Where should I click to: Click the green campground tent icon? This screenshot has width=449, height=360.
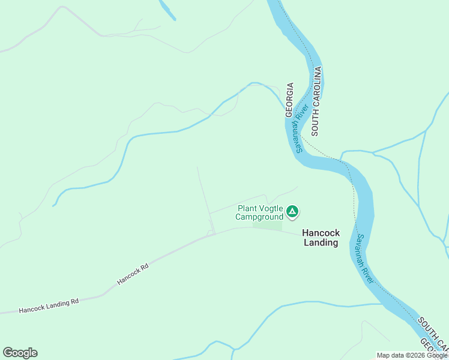pyautogui.click(x=292, y=211)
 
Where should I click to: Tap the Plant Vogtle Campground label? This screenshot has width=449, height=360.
pyautogui.click(x=259, y=212)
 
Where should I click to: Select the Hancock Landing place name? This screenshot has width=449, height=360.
pyautogui.click(x=321, y=238)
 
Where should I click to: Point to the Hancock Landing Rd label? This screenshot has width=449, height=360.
pyautogui.click(x=49, y=306)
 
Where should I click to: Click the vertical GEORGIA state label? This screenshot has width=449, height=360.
pyautogui.click(x=289, y=100)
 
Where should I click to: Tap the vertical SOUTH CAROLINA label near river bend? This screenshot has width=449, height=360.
pyautogui.click(x=316, y=101)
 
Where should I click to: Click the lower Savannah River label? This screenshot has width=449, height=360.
pyautogui.click(x=364, y=259)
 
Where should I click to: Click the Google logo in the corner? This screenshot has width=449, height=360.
pyautogui.click(x=20, y=353)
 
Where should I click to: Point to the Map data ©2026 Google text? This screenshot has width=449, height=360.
pyautogui.click(x=412, y=355)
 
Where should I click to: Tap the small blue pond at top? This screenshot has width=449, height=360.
pyautogui.click(x=167, y=10)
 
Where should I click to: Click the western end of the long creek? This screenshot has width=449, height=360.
pyautogui.click(x=54, y=205)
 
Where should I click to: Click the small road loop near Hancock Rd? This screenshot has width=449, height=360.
pyautogui.click(x=211, y=232)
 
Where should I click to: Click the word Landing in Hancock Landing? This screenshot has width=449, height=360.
pyautogui.click(x=321, y=243)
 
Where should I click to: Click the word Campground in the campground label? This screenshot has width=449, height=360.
pyautogui.click(x=259, y=217)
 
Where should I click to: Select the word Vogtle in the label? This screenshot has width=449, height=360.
pyautogui.click(x=270, y=208)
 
